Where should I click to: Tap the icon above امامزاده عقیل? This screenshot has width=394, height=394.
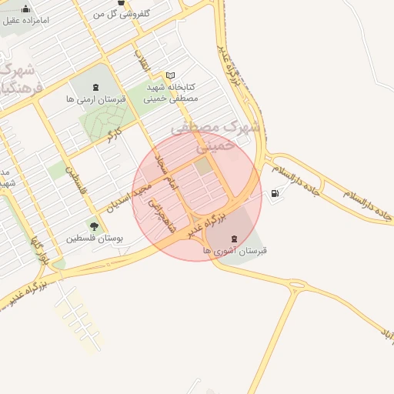click(26, 8)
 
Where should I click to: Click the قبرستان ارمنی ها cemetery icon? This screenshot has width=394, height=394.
click(95, 88)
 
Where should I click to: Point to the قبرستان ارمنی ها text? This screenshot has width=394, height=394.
click(95, 99)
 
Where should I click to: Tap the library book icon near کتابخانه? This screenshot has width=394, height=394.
click(170, 75)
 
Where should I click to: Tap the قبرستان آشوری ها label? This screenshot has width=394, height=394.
click(235, 251)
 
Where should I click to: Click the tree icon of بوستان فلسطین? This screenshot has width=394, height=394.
click(94, 226)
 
